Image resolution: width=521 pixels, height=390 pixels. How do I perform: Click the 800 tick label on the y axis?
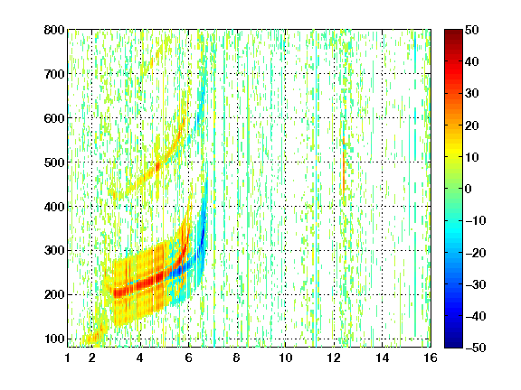coord(54,30)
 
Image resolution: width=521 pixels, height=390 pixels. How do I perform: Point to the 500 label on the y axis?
coord(54,162)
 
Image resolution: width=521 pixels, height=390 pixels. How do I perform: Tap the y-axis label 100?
coord(54,339)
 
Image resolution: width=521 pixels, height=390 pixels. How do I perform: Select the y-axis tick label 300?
coord(54,251)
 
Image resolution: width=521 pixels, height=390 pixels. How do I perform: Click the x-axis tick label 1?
coord(68,358)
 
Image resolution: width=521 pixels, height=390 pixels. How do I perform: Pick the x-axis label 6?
coord(189,358)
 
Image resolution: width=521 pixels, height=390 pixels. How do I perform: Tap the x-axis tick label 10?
coord(285,358)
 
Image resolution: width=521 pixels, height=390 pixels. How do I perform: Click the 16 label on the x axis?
coord(431,358)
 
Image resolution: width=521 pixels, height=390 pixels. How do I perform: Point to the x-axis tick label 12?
coord(334,358)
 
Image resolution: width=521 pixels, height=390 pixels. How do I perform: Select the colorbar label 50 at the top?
coord(471,30)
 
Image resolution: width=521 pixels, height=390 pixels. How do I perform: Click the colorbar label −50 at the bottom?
coord(476,348)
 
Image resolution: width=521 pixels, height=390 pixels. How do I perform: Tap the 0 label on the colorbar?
coord(469,189)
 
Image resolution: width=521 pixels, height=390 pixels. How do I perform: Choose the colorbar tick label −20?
coord(476,253)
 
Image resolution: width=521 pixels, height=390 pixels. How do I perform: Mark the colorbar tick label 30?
coord(471,94)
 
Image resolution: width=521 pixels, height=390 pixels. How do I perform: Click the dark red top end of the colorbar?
coord(453,32)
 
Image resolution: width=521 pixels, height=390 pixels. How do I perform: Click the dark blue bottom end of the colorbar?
coord(453,345)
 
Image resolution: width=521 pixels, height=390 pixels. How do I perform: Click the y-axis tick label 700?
coord(54,74)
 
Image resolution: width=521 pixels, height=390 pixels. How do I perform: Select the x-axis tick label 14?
coord(382,358)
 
